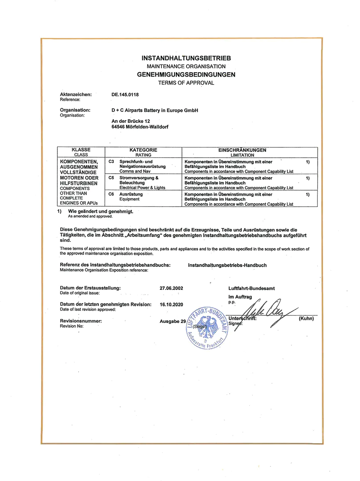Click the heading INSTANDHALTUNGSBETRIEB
pyautogui.click(x=186, y=58)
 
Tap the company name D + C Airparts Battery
pyautogui.click(x=154, y=110)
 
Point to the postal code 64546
pyautogui.click(x=120, y=126)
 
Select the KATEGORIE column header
pyautogui.click(x=143, y=150)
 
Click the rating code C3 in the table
pyautogui.click(x=111, y=161)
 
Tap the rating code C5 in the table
pyautogui.click(x=111, y=177)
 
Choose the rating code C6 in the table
pyautogui.click(x=111, y=194)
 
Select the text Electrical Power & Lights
pyautogui.click(x=142, y=188)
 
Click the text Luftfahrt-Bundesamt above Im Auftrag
pyautogui.click(x=251, y=288)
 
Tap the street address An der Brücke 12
pyautogui.click(x=133, y=121)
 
